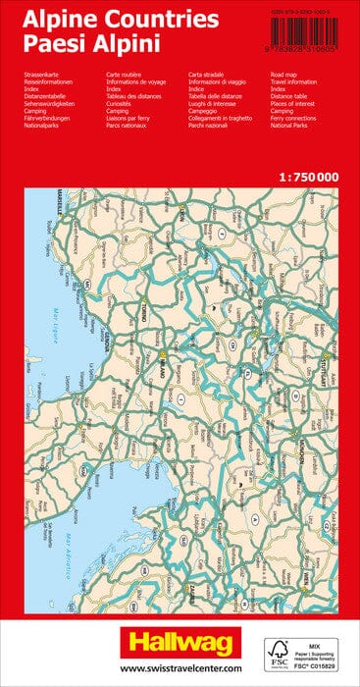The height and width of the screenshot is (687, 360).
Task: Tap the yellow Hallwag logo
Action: (180, 638)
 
